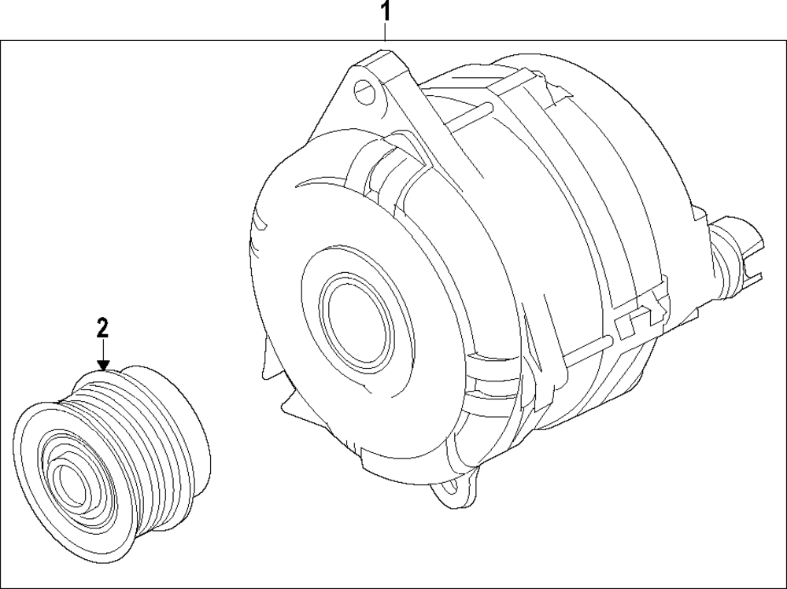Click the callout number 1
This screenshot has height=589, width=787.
click(385, 12)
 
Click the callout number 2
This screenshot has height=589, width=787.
click(102, 328)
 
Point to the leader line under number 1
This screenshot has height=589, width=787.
click(385, 32)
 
